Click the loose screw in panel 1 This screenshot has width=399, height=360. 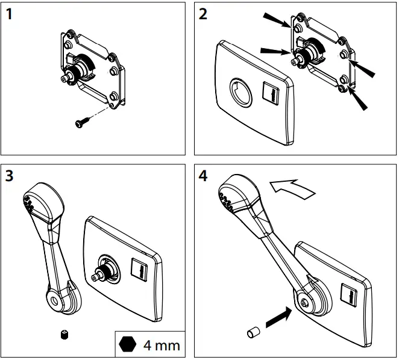pos(81,123)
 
